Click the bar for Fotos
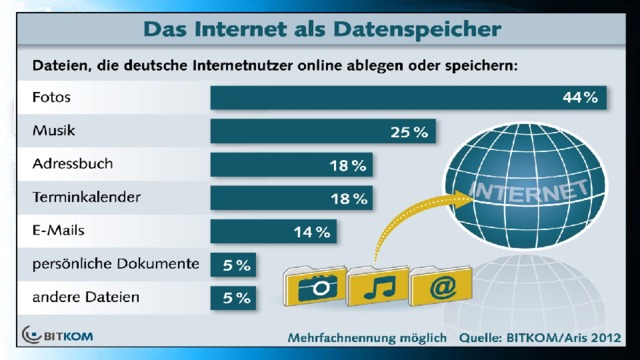click(408, 98)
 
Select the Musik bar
click(323, 131)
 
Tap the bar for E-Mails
click(273, 231)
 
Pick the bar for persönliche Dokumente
click(233, 264)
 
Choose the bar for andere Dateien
click(233, 298)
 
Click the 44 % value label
click(580, 98)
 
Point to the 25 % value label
click(409, 132)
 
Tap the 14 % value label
click(312, 232)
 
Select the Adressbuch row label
click(73, 164)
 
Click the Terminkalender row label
click(87, 197)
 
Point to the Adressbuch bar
click(291, 164)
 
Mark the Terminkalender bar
click(291, 198)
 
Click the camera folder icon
click(315, 286)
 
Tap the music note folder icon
click(378, 286)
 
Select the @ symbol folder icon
click(441, 286)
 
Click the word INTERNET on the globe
click(529, 191)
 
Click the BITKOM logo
click(58, 336)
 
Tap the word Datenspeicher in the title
click(417, 29)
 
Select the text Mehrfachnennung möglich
click(367, 338)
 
